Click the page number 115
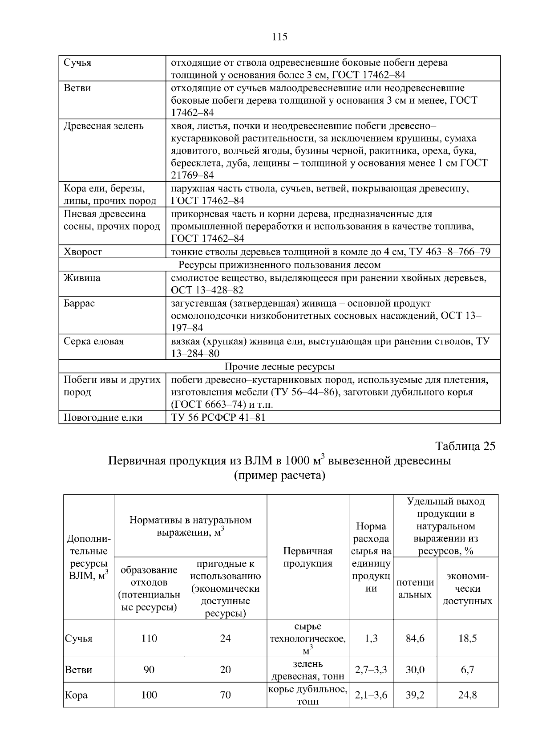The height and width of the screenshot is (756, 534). (x=279, y=37)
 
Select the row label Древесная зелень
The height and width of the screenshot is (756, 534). (x=104, y=126)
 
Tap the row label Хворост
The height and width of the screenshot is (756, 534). (x=83, y=252)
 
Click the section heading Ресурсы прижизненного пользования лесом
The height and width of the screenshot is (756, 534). (x=279, y=265)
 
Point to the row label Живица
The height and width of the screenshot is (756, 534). (x=82, y=278)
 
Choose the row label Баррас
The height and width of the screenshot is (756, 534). (x=80, y=303)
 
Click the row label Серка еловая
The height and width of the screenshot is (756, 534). (x=94, y=341)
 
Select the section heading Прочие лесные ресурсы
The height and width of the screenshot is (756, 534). (x=279, y=366)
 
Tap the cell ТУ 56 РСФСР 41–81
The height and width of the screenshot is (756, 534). (x=218, y=417)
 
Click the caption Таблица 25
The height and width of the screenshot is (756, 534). (x=465, y=446)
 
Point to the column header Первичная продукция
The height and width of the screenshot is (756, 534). (x=308, y=557)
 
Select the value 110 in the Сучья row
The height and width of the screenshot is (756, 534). (x=149, y=638)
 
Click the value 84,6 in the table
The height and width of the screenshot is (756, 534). (x=415, y=638)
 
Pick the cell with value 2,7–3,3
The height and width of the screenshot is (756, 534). (x=371, y=670)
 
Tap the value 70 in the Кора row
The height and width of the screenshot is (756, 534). (x=225, y=695)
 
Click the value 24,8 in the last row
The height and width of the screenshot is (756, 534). (x=467, y=695)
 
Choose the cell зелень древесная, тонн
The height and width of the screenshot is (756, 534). (x=308, y=670)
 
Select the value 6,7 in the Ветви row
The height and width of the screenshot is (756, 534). (x=467, y=670)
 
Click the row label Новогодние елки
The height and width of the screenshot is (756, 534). (x=103, y=417)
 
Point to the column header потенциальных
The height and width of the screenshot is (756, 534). (x=415, y=588)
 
